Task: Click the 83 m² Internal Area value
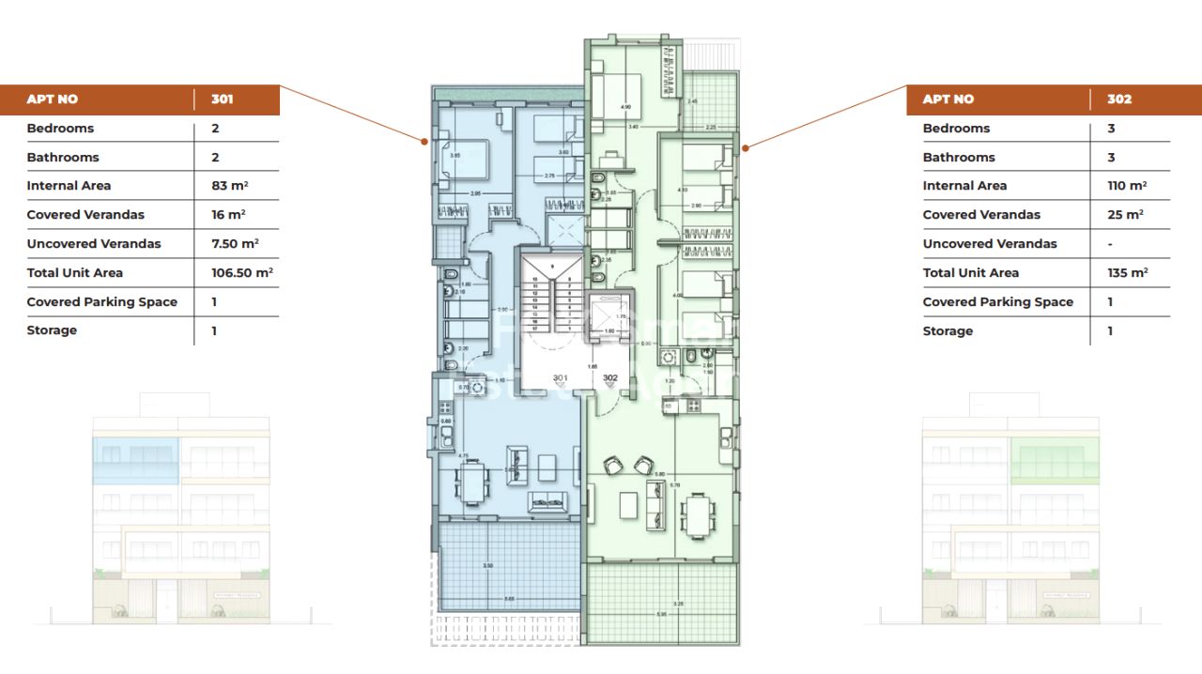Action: [228, 186]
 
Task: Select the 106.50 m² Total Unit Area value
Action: [241, 272]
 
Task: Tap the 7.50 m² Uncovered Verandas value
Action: [235, 243]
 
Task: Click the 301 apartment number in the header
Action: [223, 100]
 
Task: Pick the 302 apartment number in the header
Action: [1119, 100]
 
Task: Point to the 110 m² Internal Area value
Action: [1126, 186]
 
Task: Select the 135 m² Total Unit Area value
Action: [1127, 272]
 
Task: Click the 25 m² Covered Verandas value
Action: [1125, 215]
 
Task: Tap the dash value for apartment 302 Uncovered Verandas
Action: [1110, 244]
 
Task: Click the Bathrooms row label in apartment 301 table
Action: [63, 158]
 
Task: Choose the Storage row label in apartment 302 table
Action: [948, 330]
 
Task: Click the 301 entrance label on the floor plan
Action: [561, 378]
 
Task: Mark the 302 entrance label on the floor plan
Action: [610, 378]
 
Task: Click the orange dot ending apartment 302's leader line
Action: [745, 147]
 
